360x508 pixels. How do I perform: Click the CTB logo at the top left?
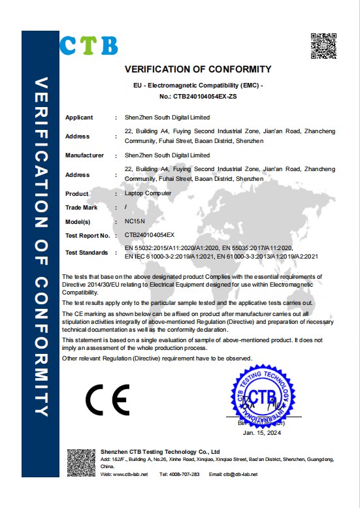point(89,44)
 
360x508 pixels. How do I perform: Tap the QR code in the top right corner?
point(322,45)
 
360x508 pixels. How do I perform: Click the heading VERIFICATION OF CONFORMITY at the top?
point(197,69)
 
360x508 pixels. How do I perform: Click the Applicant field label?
point(79,118)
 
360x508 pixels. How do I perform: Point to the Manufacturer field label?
point(84,155)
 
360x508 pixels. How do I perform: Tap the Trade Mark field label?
point(81,208)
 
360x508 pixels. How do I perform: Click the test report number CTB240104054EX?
point(150,234)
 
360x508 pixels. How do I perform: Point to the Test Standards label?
point(87,252)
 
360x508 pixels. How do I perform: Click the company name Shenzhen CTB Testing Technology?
point(160,451)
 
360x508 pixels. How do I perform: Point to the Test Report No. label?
point(87,234)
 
